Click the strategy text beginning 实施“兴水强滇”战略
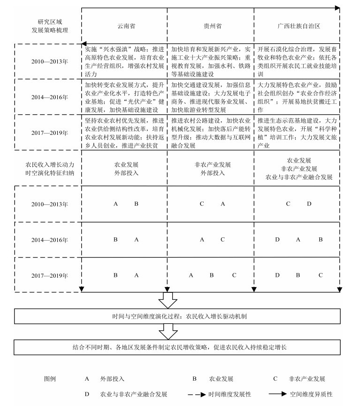[x=123, y=61]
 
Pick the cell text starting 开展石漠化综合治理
[x=297, y=61]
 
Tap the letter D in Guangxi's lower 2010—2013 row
[x=309, y=204]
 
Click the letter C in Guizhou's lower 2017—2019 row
[x=234, y=275]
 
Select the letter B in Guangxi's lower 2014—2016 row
[x=321, y=240]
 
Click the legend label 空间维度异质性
[x=311, y=395]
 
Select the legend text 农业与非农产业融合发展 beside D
[x=133, y=395]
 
